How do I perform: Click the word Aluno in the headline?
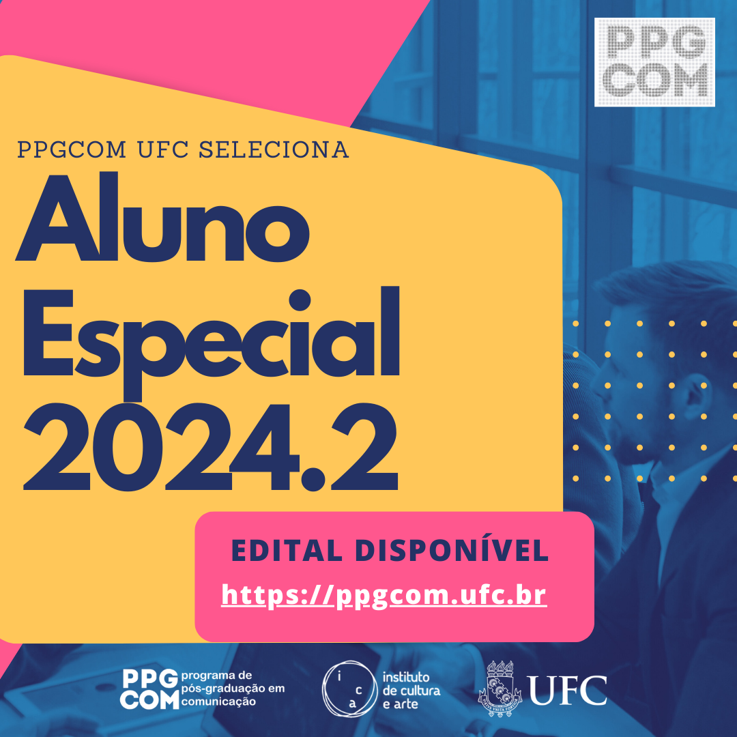[x=162, y=217]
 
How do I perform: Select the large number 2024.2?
[x=211, y=446]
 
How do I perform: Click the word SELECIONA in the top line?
[x=274, y=149]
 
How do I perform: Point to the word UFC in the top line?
[x=162, y=149]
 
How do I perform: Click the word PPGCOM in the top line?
[x=72, y=149]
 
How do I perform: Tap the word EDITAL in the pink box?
[x=287, y=551]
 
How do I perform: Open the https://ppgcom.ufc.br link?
[x=384, y=595]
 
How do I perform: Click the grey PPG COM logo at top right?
[x=654, y=62]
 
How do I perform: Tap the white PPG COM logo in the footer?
[x=149, y=689]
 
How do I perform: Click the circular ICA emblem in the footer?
[x=349, y=689]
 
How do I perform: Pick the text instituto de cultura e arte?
[x=411, y=691]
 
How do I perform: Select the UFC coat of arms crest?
[x=500, y=689]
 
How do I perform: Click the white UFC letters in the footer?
[x=568, y=690]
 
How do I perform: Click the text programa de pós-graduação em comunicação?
[x=233, y=689]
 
